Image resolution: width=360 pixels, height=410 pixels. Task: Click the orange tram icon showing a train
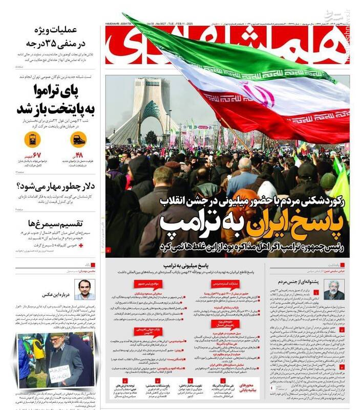pos(78,139)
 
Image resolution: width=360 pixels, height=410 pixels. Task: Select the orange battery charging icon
pos(32,139)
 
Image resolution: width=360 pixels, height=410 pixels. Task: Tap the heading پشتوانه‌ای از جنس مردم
pos(314,281)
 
